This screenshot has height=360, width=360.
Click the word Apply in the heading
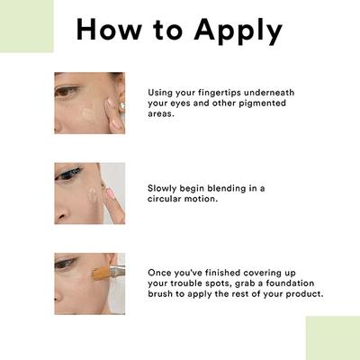[x=238, y=31]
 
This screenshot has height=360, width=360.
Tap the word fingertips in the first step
[x=219, y=93]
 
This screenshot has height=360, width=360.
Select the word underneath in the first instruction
[x=269, y=93]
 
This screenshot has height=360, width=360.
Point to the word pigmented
[x=263, y=103]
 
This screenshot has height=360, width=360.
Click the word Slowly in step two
[x=162, y=189]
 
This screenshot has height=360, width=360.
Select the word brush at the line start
[x=160, y=293]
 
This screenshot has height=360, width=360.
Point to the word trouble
[x=186, y=283]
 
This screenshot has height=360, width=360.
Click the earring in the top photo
[x=121, y=106]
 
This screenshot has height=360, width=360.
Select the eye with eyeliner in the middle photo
[x=68, y=174]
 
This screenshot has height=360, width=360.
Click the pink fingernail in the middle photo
[x=110, y=193]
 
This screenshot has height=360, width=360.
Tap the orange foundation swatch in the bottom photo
[x=101, y=273]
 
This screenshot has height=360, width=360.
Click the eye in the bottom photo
[x=65, y=264]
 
